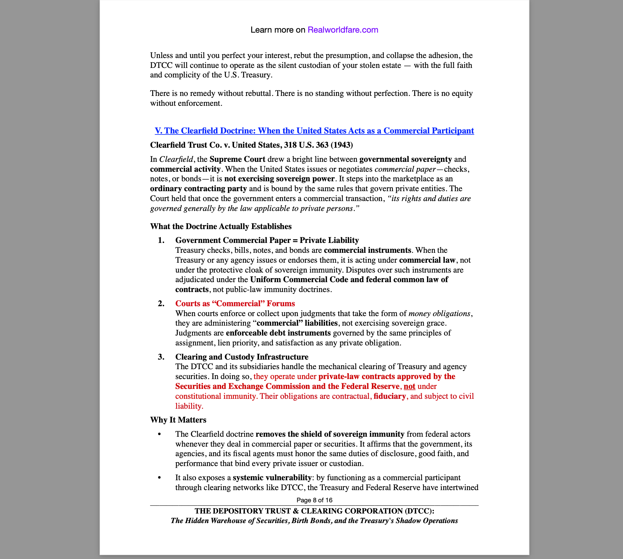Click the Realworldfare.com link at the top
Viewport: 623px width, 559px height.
(343, 30)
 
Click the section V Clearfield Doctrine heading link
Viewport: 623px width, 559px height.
(314, 131)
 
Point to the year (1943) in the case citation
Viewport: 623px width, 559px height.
(342, 145)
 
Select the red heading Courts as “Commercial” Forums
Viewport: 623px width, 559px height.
(235, 304)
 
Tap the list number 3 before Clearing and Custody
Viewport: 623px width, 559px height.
(161, 357)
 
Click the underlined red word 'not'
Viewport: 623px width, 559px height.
(410, 386)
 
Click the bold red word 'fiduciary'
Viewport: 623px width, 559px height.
(390, 396)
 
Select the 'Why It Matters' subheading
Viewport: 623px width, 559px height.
(178, 420)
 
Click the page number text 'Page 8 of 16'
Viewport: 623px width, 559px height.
(314, 500)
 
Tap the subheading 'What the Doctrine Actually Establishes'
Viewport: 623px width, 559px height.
(221, 226)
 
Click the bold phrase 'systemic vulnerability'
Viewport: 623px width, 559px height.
(272, 478)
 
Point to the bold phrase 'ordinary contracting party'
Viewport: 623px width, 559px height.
(198, 189)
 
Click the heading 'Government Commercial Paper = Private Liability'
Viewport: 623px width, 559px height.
(267, 240)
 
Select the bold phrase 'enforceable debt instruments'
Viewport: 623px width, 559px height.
(278, 333)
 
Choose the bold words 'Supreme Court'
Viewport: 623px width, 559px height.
(237, 159)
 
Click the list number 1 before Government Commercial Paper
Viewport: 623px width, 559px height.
(161, 240)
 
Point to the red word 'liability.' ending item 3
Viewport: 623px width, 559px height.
(189, 406)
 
